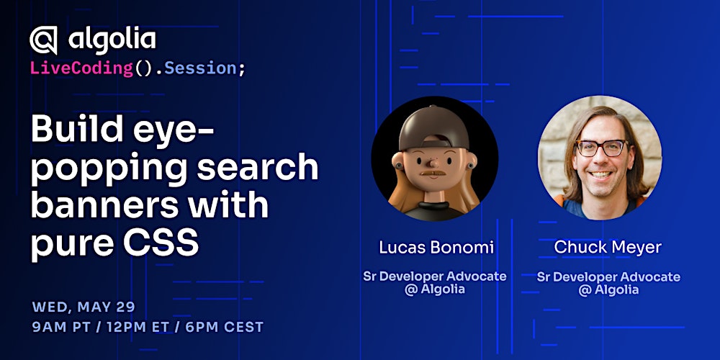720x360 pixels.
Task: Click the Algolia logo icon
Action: tap(43, 41)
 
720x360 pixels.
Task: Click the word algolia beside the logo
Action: tap(112, 39)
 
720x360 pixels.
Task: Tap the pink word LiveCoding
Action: tap(81, 68)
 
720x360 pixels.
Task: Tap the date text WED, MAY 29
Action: tap(83, 307)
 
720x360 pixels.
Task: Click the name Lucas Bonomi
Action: tap(436, 248)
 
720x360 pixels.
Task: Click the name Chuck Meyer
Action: tap(608, 248)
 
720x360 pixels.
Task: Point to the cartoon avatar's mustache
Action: tap(435, 174)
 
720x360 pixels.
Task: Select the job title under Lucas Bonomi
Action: tap(435, 283)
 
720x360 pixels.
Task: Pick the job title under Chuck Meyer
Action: tap(608, 283)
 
